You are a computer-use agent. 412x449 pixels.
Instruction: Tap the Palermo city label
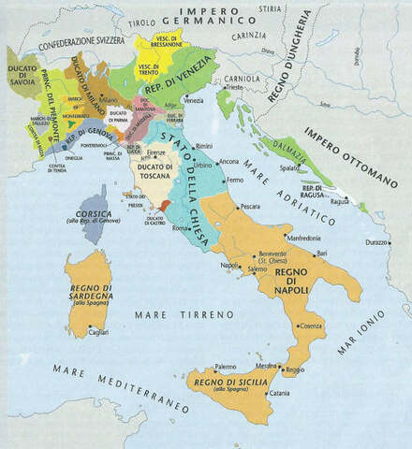click(225, 367)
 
